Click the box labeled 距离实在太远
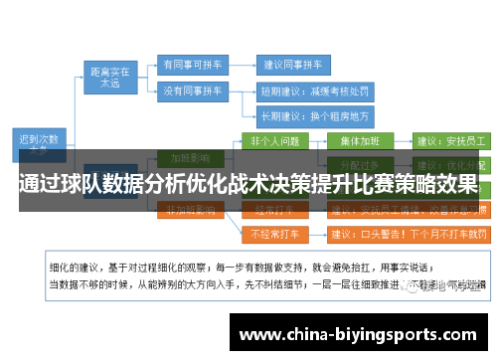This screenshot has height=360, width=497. point(110,78)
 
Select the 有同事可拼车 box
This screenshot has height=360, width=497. point(192,62)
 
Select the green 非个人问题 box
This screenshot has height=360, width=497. point(275,140)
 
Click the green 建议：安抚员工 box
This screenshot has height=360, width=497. point(449,140)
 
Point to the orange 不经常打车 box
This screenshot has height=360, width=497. point(275,235)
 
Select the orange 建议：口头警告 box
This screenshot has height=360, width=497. point(408,235)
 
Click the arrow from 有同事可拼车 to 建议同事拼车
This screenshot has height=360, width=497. point(241,62)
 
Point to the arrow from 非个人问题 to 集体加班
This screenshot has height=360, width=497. point(319,140)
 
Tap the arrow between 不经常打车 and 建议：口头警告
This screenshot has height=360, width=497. point(317,235)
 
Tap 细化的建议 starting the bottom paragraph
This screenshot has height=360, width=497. point(74,268)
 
